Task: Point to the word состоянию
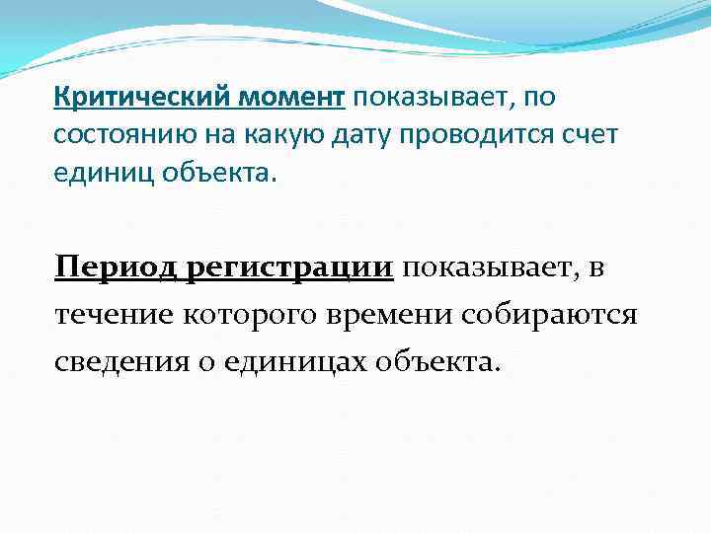[x=122, y=135]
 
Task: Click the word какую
[x=274, y=135]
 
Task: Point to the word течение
[x=113, y=314]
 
